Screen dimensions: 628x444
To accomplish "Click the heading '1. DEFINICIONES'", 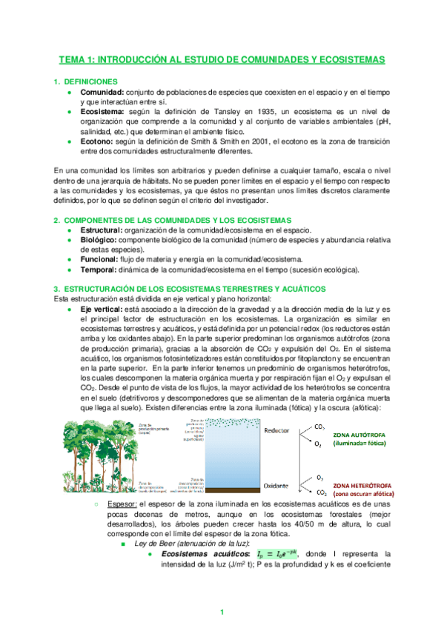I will coord(88,81).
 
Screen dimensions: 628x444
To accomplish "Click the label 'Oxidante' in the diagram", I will coord(276,486).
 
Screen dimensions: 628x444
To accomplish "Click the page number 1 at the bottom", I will coord(222,612).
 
